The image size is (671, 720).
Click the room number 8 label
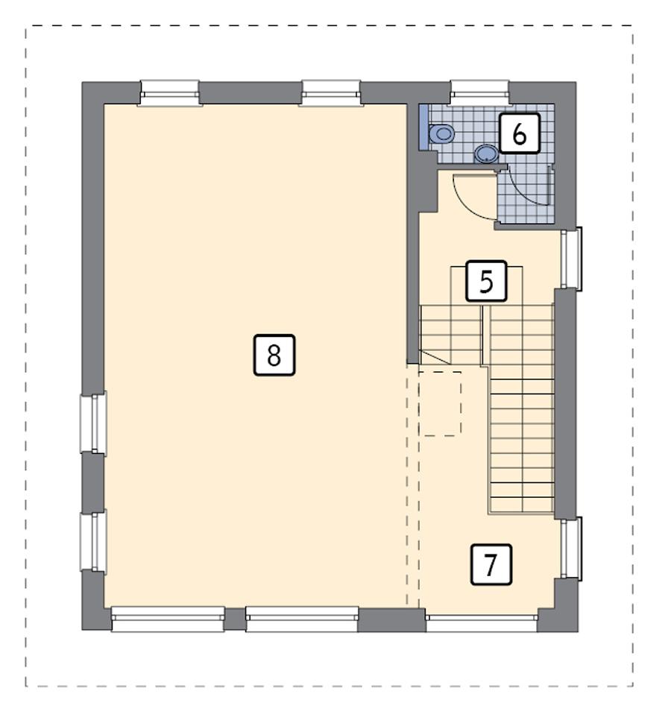click(274, 355)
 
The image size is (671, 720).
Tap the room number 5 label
click(486, 282)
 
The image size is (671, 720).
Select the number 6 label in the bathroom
click(519, 134)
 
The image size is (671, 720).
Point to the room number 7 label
click(491, 564)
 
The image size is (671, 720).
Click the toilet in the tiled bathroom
click(443, 133)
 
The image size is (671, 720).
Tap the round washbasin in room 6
click(486, 154)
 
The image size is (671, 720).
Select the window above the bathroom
click(480, 93)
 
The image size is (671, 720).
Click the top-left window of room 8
click(170, 93)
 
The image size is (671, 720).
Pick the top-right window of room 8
click(331, 93)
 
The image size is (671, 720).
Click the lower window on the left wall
click(94, 540)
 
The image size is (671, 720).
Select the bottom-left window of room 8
click(168, 619)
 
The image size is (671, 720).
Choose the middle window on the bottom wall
click(302, 619)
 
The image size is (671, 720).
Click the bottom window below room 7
click(482, 620)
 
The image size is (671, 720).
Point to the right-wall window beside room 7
click(570, 549)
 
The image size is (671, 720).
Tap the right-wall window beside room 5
click(570, 259)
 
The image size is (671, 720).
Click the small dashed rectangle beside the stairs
click(440, 402)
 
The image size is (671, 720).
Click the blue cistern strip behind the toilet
click(423, 127)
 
